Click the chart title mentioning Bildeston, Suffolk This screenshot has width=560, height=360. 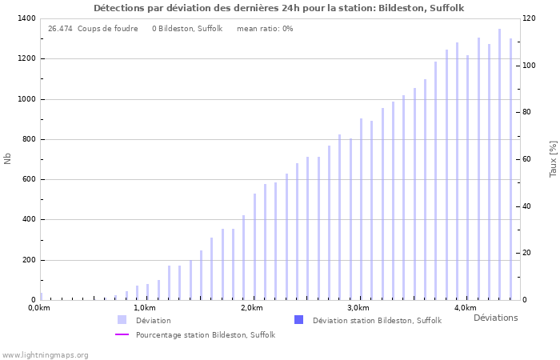278,8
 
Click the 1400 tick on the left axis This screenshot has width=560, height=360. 26,18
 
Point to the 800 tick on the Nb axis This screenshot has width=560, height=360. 28,139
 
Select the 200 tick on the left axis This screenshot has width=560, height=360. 28,260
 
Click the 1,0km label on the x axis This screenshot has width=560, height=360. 144,308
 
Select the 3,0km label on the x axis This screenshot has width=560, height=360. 358,308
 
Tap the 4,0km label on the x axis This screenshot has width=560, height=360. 465,308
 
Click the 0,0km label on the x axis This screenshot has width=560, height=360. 38,308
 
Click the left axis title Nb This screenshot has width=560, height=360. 8,159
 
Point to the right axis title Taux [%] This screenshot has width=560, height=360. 553,159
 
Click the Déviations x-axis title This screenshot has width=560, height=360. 495,318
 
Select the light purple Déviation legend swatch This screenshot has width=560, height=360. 122,320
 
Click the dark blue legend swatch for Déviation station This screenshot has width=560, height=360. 298,320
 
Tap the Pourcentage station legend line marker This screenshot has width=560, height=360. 122,334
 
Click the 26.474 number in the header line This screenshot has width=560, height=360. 60,29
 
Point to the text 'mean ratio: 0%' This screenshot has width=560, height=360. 265,29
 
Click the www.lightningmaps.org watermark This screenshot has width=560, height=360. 45,354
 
